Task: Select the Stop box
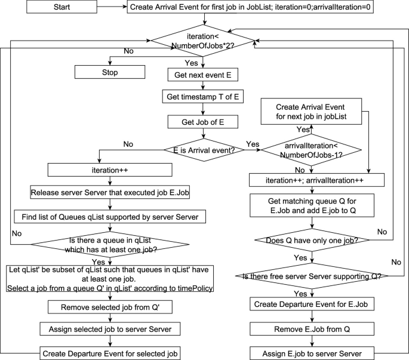110,72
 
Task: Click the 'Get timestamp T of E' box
204,96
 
